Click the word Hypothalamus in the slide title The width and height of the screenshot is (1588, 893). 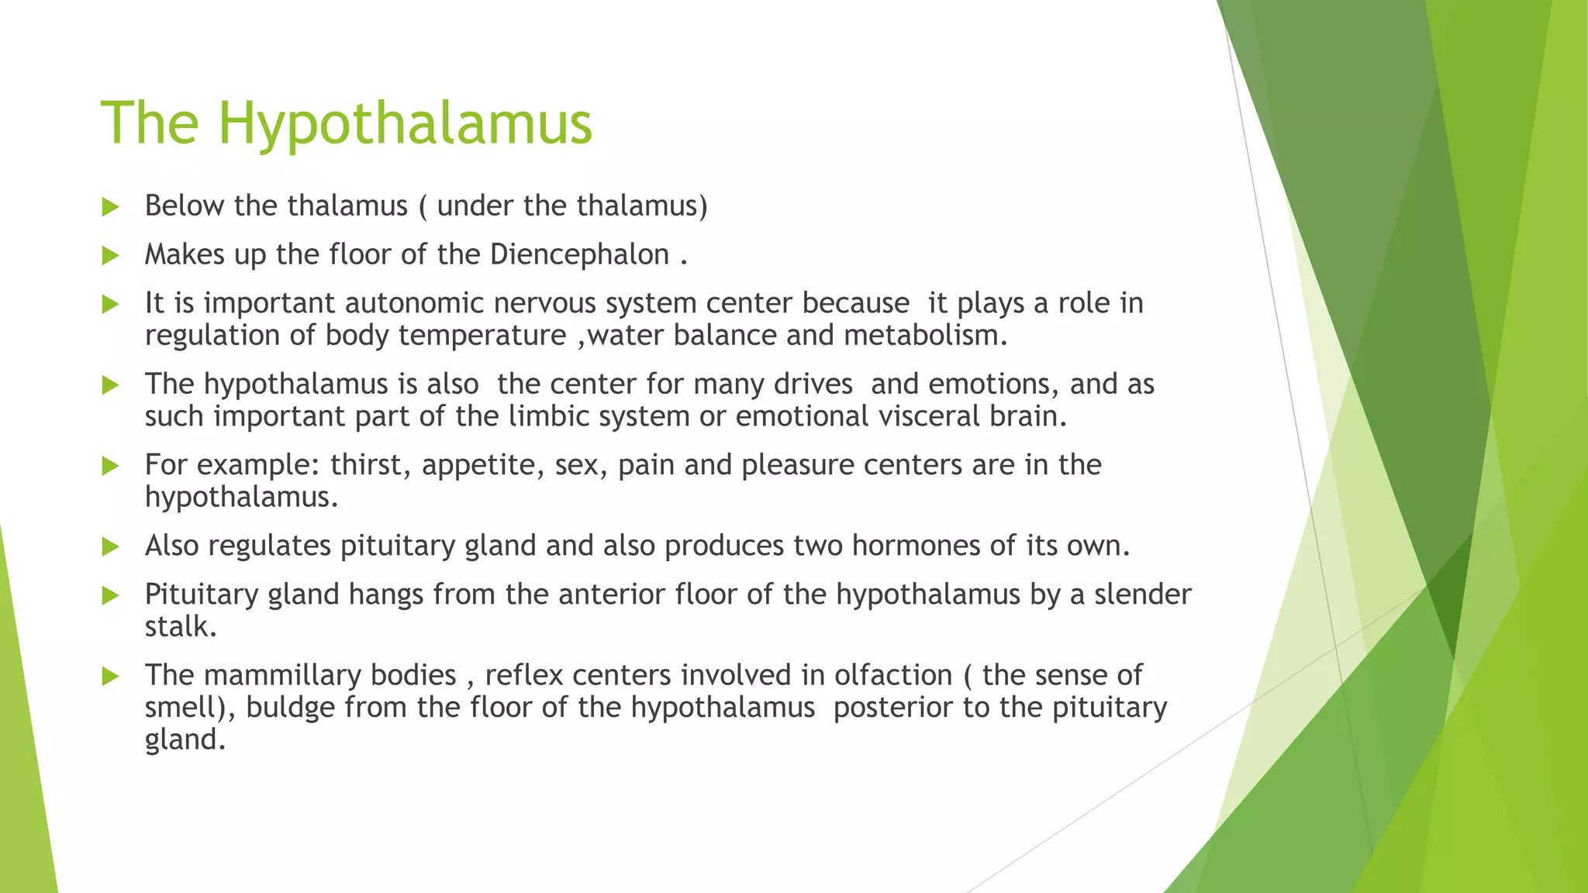point(405,124)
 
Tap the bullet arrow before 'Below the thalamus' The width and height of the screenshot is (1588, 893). point(110,207)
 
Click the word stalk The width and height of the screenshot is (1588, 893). point(180,626)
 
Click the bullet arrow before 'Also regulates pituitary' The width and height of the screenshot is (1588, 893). point(110,547)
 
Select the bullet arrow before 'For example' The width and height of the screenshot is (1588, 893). point(110,466)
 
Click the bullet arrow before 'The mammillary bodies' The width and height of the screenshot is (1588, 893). point(110,677)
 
